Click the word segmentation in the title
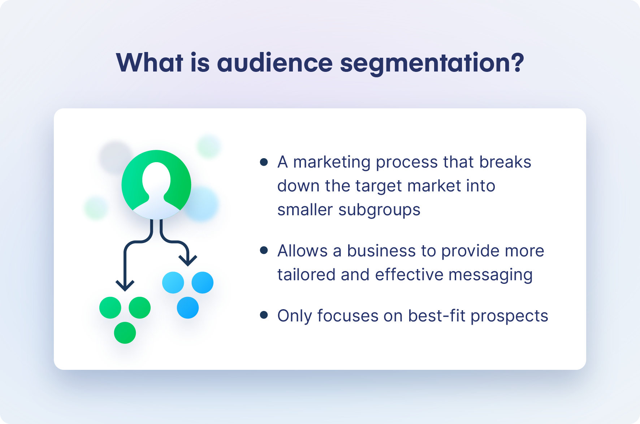(x=426, y=63)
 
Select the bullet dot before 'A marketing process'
(x=264, y=162)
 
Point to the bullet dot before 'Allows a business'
(x=264, y=250)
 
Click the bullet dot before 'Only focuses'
(x=264, y=315)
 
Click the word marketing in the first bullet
(x=332, y=162)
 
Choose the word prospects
(x=509, y=316)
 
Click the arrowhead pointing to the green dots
(x=125, y=286)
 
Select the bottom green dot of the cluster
(x=125, y=333)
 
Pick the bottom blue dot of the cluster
(x=188, y=308)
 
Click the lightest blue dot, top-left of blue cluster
(x=173, y=282)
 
